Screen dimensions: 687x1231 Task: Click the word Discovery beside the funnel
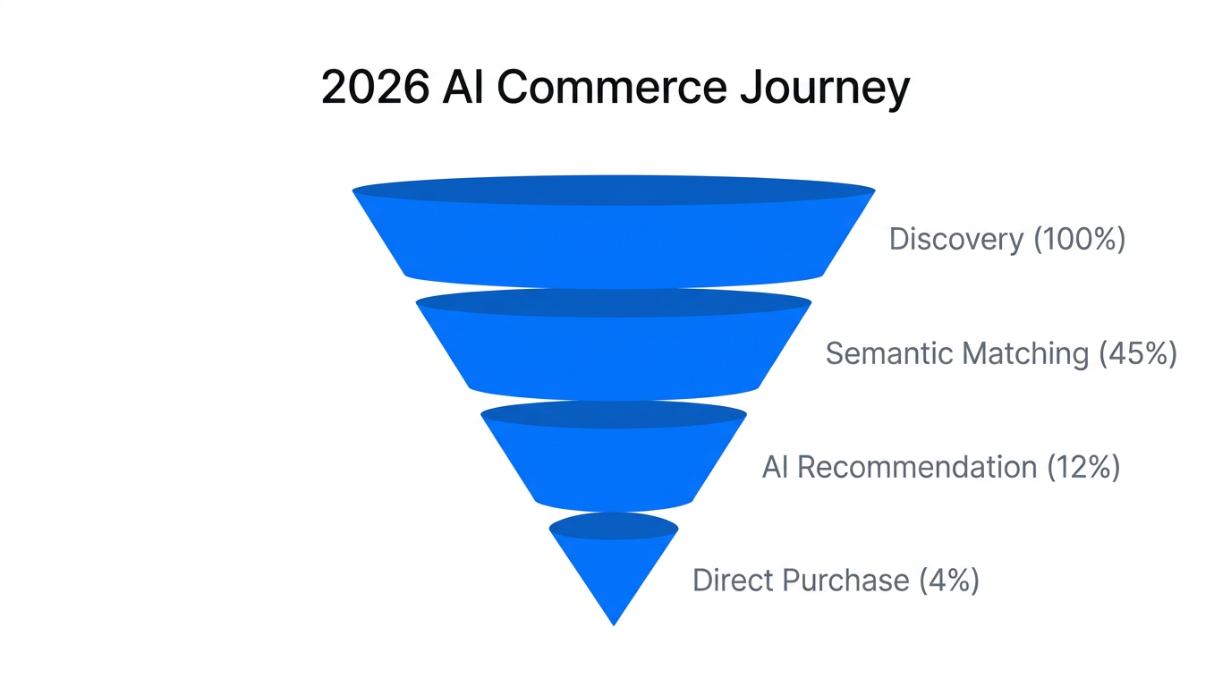[x=955, y=240]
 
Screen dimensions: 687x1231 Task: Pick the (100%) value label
[x=1079, y=240]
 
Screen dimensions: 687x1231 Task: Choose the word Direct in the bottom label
[x=734, y=581]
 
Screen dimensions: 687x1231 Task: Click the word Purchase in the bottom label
[x=845, y=581]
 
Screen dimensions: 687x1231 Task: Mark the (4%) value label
[x=948, y=581]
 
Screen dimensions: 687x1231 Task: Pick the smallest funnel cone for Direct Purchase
[x=614, y=568]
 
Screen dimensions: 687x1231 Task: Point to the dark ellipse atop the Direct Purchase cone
[x=614, y=527]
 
